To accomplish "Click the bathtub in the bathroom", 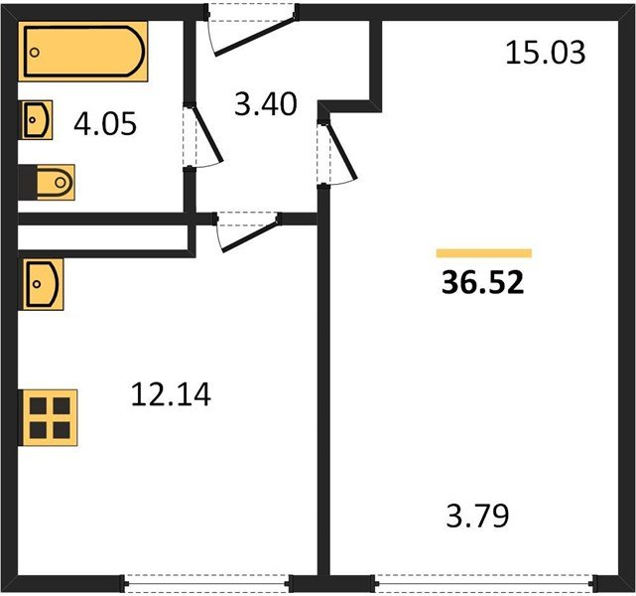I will (x=85, y=54).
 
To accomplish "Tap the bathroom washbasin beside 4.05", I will (x=37, y=120).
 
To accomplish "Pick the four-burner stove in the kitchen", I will (x=50, y=418).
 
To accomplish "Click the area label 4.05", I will (x=104, y=125).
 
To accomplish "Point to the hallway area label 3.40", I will (x=265, y=102).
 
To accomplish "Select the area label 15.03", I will (x=546, y=52).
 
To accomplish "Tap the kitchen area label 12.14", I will (x=171, y=395).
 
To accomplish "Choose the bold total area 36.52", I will (x=483, y=283).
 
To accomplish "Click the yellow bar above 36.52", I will (x=483, y=253).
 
